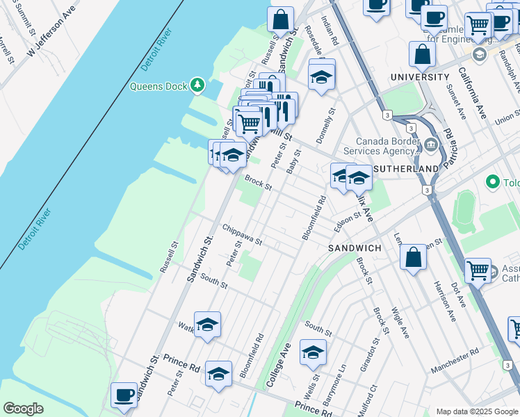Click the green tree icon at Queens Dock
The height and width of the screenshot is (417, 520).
point(198,85)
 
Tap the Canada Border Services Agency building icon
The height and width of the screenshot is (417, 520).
point(431,145)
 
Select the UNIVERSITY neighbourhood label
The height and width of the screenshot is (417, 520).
point(420,76)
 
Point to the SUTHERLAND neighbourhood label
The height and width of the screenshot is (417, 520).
point(407,169)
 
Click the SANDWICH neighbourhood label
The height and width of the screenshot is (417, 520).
point(355,248)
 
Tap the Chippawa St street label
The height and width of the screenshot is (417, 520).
point(241,235)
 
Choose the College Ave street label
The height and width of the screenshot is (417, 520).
point(277,363)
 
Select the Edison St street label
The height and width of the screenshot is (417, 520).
point(347,221)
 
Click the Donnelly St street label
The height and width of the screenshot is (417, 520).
point(326,125)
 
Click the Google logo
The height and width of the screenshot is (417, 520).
point(23,409)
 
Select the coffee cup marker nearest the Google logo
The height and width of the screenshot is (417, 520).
point(124,395)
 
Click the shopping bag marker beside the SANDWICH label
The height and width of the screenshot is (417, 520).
point(413,257)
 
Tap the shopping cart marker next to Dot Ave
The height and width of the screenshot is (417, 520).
point(478,270)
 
